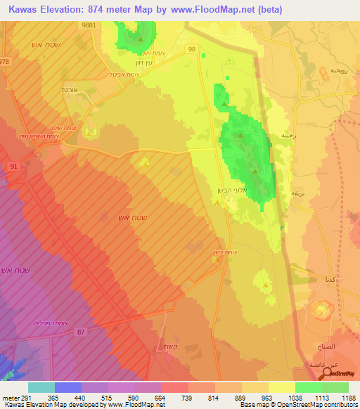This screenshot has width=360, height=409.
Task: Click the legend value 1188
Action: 349,397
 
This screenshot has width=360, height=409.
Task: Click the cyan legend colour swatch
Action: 41,387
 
